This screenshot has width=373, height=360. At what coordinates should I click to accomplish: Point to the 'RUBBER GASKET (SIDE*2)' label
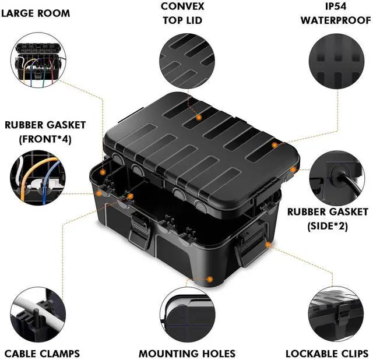pyautogui.click(x=328, y=218)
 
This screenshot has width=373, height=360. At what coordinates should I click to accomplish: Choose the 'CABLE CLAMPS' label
pyautogui.click(x=42, y=353)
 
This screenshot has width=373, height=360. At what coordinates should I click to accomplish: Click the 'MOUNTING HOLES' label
pyautogui.click(x=187, y=353)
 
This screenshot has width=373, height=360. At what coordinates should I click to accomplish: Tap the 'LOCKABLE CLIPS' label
pyautogui.click(x=327, y=353)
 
